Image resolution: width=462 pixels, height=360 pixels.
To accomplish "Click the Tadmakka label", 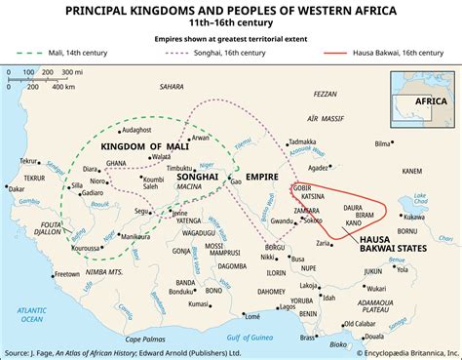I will click(x=304, y=142).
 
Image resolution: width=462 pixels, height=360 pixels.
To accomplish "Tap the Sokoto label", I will click(x=312, y=220).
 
